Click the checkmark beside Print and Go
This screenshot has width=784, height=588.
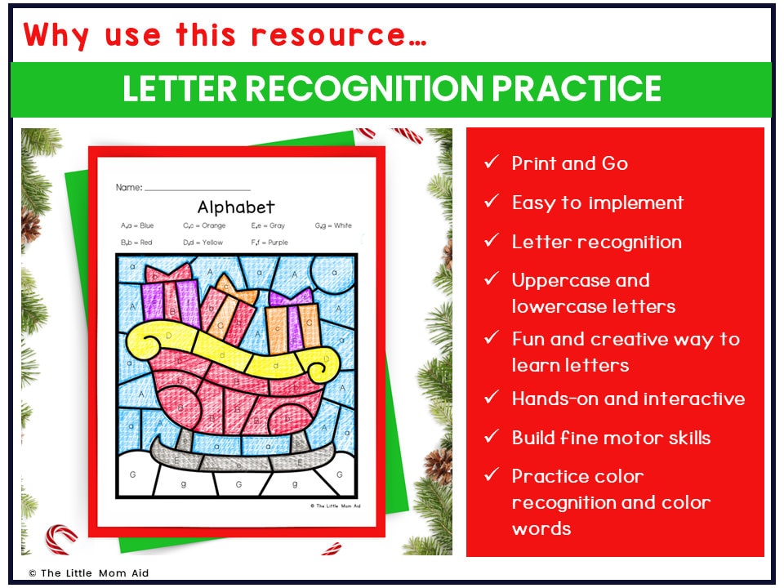(x=491, y=163)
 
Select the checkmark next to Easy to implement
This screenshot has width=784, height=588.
(x=491, y=202)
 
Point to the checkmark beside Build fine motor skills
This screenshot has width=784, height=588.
(x=491, y=437)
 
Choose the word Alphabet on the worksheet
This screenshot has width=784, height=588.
(x=236, y=207)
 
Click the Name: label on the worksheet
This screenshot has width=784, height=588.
(x=129, y=187)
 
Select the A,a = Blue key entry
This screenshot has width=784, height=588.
(x=136, y=225)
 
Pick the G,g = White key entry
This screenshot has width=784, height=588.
(x=333, y=225)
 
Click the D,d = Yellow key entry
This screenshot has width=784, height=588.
(x=203, y=243)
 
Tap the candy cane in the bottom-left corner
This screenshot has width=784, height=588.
(x=61, y=539)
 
